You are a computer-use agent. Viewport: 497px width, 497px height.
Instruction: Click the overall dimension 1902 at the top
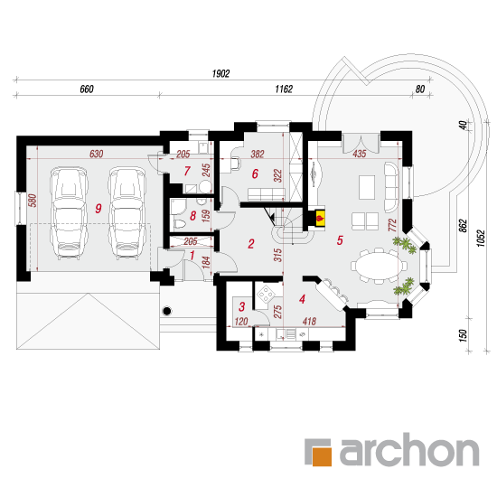tap(220, 73)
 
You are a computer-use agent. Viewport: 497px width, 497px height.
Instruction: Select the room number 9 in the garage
tap(98, 208)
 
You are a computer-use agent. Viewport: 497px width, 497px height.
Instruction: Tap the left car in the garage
tap(69, 214)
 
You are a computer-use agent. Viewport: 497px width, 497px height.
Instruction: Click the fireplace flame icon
tap(320, 218)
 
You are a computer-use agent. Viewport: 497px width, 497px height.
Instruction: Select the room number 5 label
tap(340, 240)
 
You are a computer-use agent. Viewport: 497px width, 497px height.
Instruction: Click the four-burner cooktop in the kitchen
tap(266, 295)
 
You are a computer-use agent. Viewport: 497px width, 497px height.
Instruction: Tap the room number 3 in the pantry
tap(242, 306)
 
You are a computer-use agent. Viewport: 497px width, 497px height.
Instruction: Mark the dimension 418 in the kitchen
tap(309, 322)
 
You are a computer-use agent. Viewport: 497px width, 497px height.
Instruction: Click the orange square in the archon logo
tap(322, 456)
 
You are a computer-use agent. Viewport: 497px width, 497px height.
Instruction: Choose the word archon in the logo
tap(409, 449)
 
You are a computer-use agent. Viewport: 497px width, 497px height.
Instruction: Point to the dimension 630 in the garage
tap(97, 154)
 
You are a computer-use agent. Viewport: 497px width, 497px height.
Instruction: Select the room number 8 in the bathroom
tap(192, 216)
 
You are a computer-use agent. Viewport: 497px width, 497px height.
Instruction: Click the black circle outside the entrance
tap(167, 311)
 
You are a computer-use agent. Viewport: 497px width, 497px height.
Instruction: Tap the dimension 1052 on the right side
tap(481, 238)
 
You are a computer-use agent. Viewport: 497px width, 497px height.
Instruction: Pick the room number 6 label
tap(255, 173)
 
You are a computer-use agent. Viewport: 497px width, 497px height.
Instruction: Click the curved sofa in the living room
tap(391, 187)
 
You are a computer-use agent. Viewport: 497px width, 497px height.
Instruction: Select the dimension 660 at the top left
tap(87, 89)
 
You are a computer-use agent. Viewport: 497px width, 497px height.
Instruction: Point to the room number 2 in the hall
tap(251, 244)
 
